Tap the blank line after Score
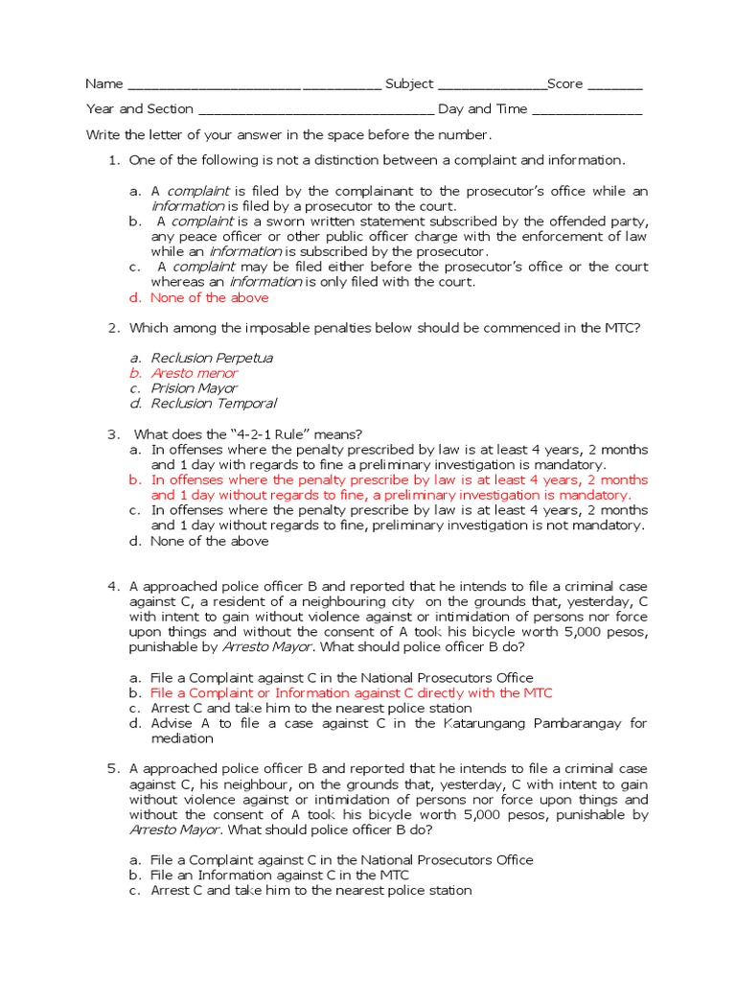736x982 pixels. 614,85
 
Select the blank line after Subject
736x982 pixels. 492,85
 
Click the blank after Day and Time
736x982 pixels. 586,110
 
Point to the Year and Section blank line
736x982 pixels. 315,110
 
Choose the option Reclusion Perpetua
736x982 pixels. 212,358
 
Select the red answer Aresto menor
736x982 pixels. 195,373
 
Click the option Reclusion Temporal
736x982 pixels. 214,404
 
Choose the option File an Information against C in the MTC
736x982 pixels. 280,875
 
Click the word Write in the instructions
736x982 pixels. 103,135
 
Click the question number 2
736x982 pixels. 112,328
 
